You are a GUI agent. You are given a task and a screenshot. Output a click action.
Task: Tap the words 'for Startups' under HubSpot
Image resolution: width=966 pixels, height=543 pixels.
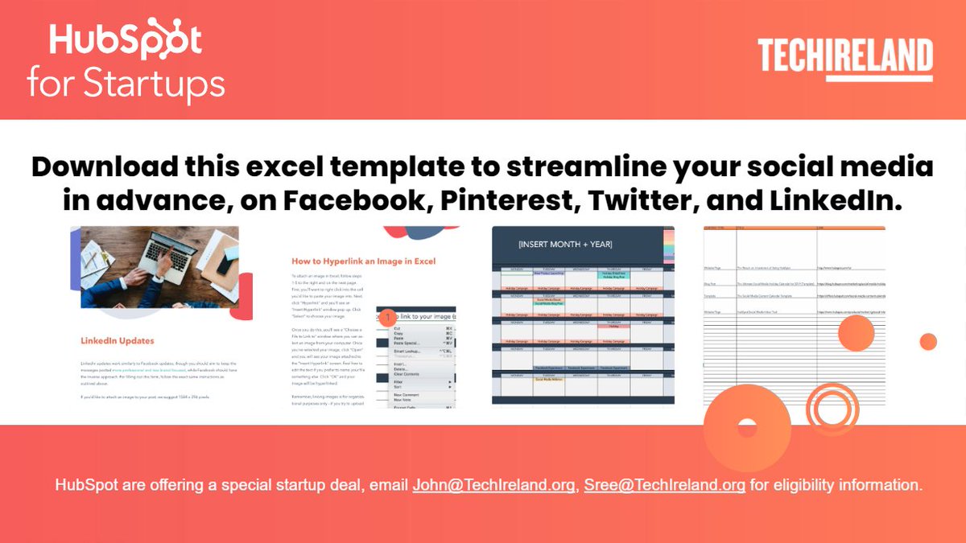[x=126, y=84]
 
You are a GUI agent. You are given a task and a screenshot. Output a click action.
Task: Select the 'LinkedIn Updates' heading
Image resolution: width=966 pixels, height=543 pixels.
[x=118, y=341]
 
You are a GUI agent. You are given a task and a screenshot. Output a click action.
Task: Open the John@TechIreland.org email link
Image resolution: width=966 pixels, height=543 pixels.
[x=494, y=485]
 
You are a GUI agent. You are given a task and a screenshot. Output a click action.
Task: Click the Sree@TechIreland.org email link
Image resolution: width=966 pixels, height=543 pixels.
[x=664, y=485]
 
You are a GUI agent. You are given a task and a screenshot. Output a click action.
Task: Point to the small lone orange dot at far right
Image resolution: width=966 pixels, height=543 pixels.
[x=928, y=341]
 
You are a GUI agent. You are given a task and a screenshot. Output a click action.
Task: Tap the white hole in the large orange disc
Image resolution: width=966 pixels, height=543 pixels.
[x=747, y=428]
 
